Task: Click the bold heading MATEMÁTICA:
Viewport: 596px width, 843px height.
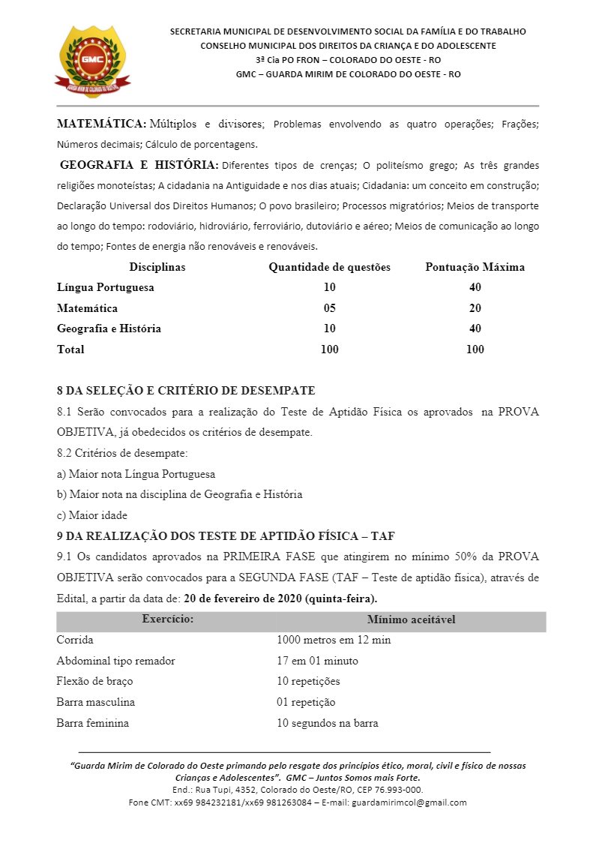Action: click(101, 123)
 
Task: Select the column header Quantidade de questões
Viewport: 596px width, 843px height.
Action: click(329, 267)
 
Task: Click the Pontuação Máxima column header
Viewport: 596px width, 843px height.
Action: click(475, 267)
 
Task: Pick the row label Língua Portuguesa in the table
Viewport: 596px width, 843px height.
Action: click(106, 287)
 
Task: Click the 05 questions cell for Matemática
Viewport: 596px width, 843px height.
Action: click(329, 308)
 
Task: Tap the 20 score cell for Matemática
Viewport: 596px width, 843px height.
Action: click(475, 308)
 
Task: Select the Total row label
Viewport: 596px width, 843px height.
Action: click(70, 349)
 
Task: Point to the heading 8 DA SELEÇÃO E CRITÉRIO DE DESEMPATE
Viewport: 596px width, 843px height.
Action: click(186, 391)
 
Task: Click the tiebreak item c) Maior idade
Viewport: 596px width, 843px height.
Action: click(91, 515)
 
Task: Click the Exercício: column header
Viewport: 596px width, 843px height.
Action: click(168, 619)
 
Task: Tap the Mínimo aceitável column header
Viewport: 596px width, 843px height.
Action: click(411, 619)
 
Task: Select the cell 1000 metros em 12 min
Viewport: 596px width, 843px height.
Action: click(334, 640)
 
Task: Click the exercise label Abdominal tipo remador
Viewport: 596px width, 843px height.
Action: click(115, 661)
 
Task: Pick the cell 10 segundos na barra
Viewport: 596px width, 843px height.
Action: click(327, 723)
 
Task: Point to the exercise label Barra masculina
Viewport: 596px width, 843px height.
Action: click(95, 702)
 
